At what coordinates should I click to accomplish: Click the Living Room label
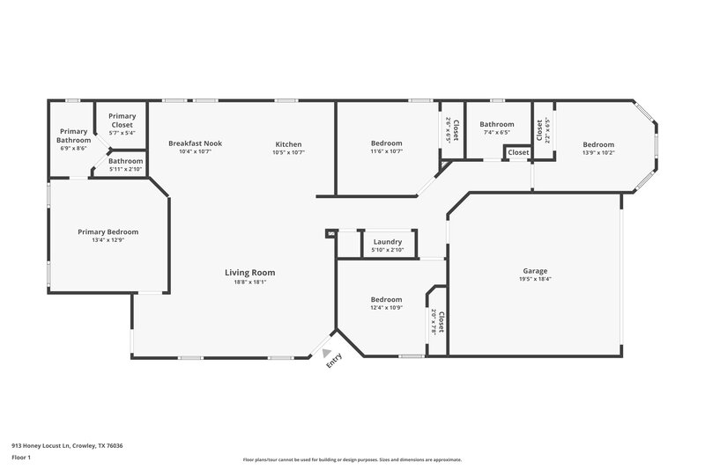[249, 273]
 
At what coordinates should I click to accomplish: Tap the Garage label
[535, 270]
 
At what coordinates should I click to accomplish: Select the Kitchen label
[288, 144]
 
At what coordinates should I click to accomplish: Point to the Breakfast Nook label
[195, 143]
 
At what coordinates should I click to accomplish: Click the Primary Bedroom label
[108, 231]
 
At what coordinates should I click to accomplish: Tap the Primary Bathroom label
[73, 136]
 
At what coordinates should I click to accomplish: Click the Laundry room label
[388, 242]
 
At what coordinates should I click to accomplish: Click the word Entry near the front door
[334, 361]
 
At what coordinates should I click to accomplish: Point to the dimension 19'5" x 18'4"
[535, 279]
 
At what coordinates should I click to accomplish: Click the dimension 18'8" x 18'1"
[249, 282]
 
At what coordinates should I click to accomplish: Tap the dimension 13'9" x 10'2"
[598, 152]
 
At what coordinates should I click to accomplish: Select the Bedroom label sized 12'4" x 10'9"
[386, 299]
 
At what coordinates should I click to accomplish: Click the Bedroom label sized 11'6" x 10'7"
[386, 143]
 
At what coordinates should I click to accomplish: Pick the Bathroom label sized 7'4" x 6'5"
[496, 124]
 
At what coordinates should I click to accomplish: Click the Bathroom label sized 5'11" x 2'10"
[126, 161]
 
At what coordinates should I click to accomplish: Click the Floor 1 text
[22, 458]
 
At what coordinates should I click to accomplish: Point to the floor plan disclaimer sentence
[352, 459]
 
